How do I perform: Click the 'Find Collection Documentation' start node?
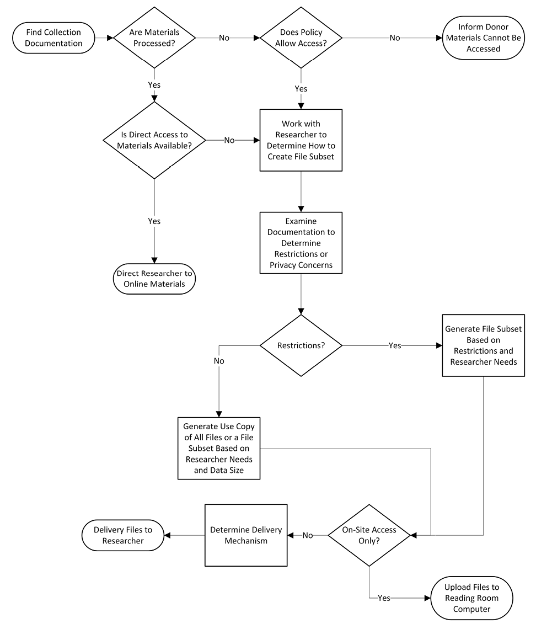[x=53, y=38]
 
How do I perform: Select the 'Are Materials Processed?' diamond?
[x=154, y=38]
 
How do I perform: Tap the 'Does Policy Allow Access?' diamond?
[x=301, y=38]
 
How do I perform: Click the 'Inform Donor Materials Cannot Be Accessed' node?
[x=483, y=38]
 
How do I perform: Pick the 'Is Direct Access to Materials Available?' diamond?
[x=154, y=140]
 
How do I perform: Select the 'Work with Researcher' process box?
[x=301, y=140]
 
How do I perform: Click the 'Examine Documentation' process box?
[x=301, y=243]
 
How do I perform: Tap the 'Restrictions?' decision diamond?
[x=301, y=345]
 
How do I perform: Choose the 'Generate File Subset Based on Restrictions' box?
[x=483, y=345]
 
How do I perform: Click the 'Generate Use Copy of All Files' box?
[x=219, y=448]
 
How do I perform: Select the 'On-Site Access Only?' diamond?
[x=369, y=535]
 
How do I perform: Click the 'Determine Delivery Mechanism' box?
[x=246, y=535]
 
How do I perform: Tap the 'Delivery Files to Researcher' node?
[x=123, y=535]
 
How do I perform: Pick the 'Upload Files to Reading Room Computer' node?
[x=471, y=598]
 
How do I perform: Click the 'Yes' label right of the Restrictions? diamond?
[x=395, y=345]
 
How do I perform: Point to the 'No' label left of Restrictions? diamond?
[x=219, y=360]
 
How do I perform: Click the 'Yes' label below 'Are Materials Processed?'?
[x=154, y=86]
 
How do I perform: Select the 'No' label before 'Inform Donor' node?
[x=395, y=38]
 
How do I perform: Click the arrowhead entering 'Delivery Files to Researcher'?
[x=168, y=535]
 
